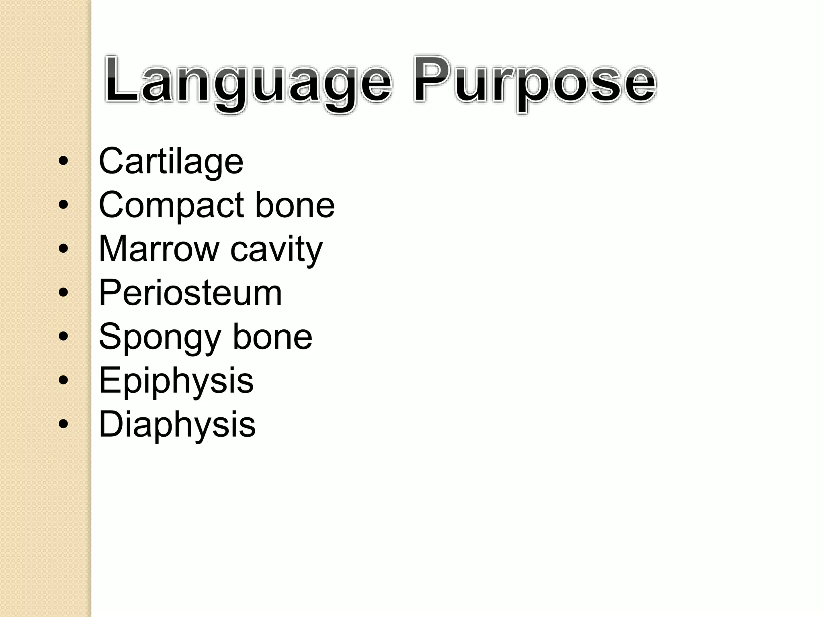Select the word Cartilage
[171, 161]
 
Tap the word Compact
[171, 205]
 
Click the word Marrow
[158, 249]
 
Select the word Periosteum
[190, 293]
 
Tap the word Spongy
[160, 337]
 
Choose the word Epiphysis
[176, 381]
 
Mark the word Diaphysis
[177, 425]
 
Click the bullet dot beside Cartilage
[63, 161]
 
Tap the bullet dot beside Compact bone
[63, 205]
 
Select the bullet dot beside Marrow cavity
[63, 249]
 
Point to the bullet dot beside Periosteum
[63, 292]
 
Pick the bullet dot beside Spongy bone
[63, 336]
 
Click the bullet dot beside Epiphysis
[63, 380]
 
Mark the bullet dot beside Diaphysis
[63, 424]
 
